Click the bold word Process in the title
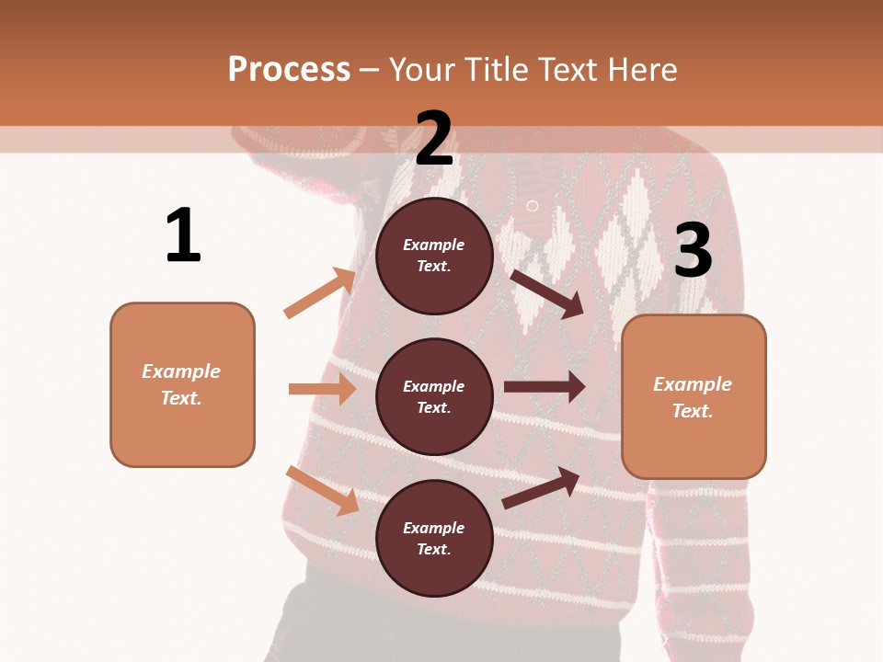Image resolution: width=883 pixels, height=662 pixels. [289, 70]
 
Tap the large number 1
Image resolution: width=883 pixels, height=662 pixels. [183, 235]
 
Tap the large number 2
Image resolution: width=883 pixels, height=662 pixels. [434, 139]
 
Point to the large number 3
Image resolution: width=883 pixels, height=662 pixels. [693, 251]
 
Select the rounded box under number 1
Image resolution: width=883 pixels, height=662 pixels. [182, 384]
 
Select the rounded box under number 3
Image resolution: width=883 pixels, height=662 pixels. [694, 396]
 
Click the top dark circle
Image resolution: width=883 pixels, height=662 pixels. [434, 256]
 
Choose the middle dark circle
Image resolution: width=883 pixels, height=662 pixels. [434, 396]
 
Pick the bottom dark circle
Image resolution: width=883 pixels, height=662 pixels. [434, 538]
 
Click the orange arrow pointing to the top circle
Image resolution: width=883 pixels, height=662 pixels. [320, 292]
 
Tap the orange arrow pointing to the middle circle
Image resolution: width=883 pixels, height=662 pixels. [322, 389]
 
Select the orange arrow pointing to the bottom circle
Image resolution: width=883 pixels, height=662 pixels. [322, 490]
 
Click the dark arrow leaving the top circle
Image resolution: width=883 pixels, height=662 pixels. [547, 293]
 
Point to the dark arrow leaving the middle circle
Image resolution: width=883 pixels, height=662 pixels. [545, 387]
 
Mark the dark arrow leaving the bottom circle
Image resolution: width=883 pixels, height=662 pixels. [541, 488]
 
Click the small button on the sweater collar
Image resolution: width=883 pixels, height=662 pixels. [532, 205]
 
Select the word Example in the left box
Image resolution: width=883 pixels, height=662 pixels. [181, 371]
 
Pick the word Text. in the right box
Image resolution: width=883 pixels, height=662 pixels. [693, 411]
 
